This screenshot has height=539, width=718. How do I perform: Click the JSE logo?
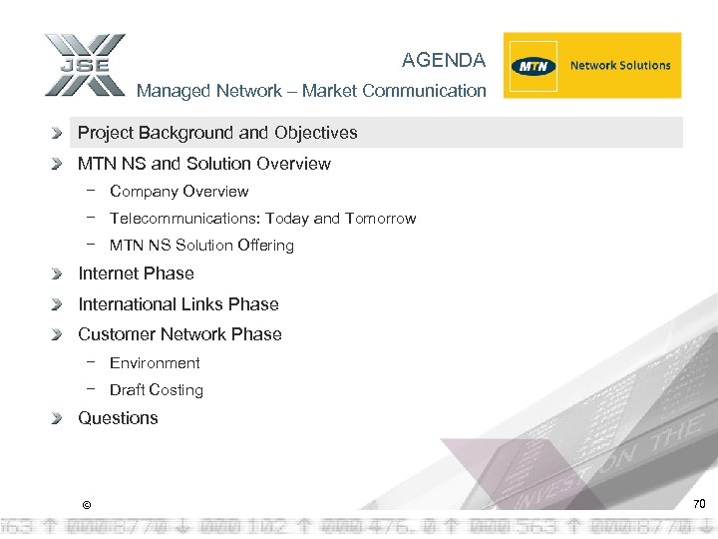84,66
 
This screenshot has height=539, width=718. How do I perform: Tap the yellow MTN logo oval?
533,66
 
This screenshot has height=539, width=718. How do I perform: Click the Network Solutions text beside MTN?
620,66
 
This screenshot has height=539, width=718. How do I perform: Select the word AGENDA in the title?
444,61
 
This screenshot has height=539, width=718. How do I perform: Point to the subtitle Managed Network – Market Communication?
311,91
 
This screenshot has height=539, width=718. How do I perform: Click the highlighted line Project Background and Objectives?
217,133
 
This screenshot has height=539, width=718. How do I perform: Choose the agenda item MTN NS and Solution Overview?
204,164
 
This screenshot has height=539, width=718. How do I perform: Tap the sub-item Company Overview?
179,192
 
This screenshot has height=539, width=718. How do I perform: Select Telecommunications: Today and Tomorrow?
262,219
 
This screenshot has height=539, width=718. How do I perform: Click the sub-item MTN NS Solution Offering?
201,246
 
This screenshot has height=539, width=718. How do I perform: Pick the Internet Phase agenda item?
136,273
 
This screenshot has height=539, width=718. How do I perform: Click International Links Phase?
179,304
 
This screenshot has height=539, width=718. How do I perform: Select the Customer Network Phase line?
179,334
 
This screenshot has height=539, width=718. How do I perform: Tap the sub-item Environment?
155,363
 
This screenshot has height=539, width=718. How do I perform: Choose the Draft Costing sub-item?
157,390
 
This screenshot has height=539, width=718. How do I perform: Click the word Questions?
118,418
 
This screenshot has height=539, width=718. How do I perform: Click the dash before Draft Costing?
91,389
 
